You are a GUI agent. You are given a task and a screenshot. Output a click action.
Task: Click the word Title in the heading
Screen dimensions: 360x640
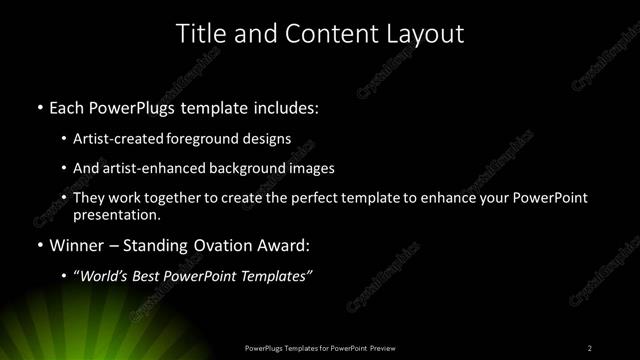click(200, 33)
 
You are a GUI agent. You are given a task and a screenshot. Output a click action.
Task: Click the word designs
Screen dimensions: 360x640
click(268, 137)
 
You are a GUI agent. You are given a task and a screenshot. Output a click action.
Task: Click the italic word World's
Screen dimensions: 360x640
click(105, 277)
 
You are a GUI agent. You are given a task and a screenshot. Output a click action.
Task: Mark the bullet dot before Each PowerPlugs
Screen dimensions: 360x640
click(38, 106)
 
